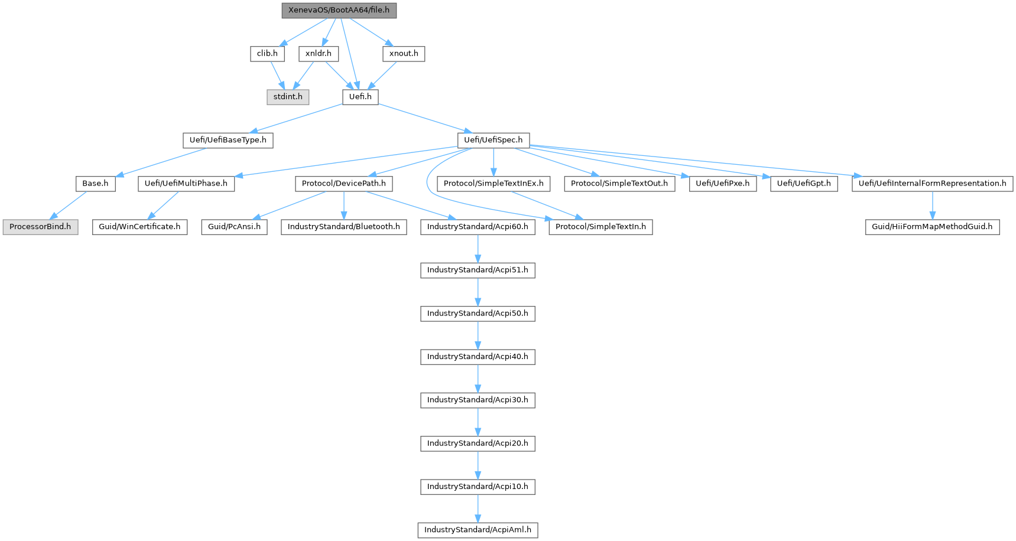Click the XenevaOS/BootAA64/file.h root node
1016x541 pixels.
click(339, 11)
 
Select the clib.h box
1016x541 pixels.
click(267, 54)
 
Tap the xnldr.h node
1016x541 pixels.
click(318, 54)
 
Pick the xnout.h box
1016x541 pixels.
click(404, 54)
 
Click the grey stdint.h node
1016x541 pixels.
click(288, 97)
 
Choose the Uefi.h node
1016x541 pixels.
click(360, 97)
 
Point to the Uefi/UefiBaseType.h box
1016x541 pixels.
click(228, 141)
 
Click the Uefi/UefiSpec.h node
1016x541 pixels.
click(493, 141)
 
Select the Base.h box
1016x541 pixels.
click(95, 184)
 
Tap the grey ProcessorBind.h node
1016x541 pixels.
click(40, 227)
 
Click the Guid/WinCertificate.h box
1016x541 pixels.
click(139, 227)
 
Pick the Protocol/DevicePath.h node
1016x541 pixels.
click(343, 184)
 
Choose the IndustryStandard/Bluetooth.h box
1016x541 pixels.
click(343, 227)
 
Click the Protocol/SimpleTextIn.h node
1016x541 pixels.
click(600, 227)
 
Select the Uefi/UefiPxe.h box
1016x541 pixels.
click(722, 184)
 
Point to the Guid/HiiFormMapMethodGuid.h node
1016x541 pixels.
click(932, 227)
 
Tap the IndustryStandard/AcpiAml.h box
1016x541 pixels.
click(478, 530)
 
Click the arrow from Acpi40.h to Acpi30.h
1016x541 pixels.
click(478, 378)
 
